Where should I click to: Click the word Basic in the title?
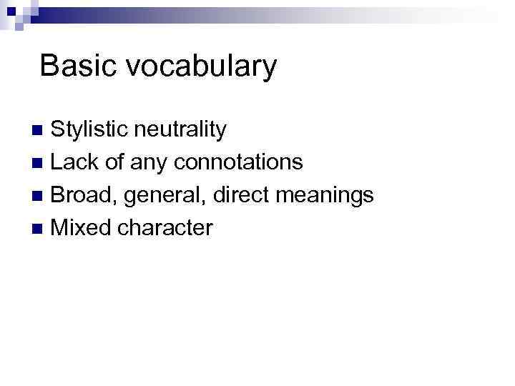point(72,66)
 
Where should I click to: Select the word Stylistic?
point(90,130)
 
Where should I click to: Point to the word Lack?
point(74,162)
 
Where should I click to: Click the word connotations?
point(238,162)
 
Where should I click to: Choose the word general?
point(153,196)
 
